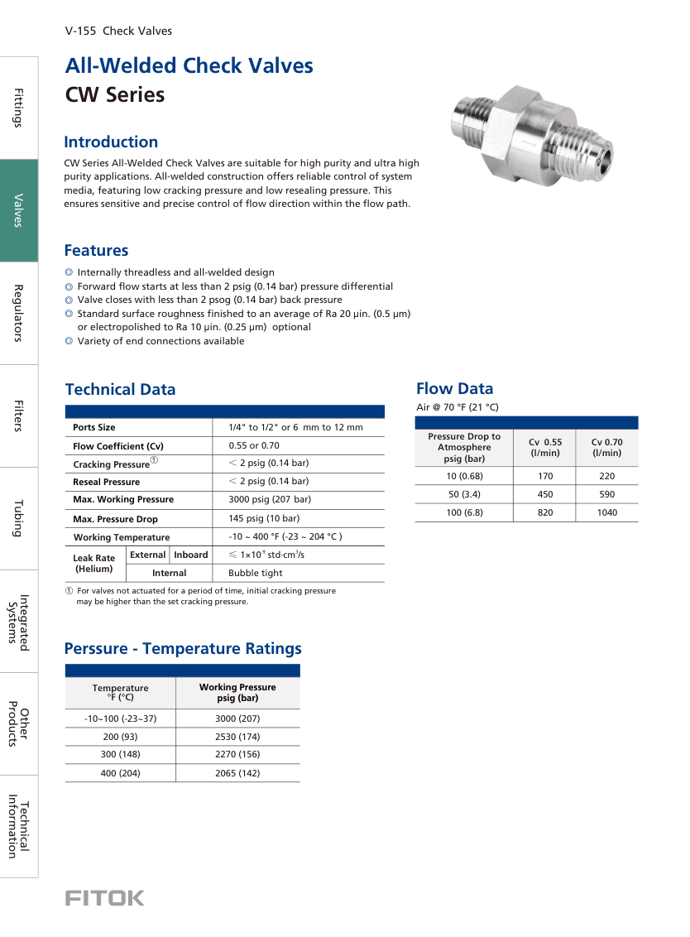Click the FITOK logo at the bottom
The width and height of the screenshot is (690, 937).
(104, 898)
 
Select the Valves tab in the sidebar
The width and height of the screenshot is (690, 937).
(18, 210)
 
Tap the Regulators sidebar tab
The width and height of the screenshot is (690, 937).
(18, 313)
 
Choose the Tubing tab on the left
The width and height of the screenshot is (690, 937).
(18, 519)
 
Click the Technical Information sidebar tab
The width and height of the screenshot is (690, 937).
(18, 826)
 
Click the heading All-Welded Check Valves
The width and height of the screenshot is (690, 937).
(189, 66)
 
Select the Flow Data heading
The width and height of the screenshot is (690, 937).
(454, 389)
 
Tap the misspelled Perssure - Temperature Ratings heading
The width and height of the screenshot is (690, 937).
(183, 649)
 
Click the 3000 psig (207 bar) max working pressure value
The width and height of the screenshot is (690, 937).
(270, 499)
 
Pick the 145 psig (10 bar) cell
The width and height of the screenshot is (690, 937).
(264, 519)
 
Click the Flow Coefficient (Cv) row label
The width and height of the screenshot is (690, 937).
(118, 445)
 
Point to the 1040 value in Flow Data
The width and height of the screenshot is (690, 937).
(606, 513)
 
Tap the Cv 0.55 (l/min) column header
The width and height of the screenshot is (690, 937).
(545, 447)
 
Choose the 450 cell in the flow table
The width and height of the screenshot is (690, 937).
(545, 495)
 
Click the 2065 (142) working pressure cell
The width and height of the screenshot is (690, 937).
(237, 773)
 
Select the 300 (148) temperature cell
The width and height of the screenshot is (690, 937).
(120, 755)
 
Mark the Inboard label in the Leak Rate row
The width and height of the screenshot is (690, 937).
(191, 555)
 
